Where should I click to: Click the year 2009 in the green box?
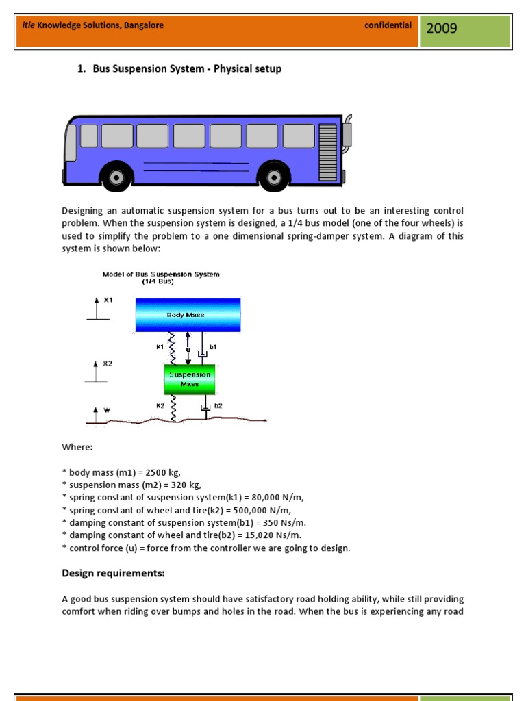442,28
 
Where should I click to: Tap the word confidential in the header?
388,25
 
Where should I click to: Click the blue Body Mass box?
187,315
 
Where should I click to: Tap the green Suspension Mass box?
190,379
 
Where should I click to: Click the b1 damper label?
213,347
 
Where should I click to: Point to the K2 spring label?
160,406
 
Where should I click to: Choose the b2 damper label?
218,406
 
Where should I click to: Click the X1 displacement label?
108,300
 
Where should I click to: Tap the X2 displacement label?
108,364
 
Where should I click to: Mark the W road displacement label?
106,409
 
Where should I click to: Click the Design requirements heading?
113,573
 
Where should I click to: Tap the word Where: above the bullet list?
77,447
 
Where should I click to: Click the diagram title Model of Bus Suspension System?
161,275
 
